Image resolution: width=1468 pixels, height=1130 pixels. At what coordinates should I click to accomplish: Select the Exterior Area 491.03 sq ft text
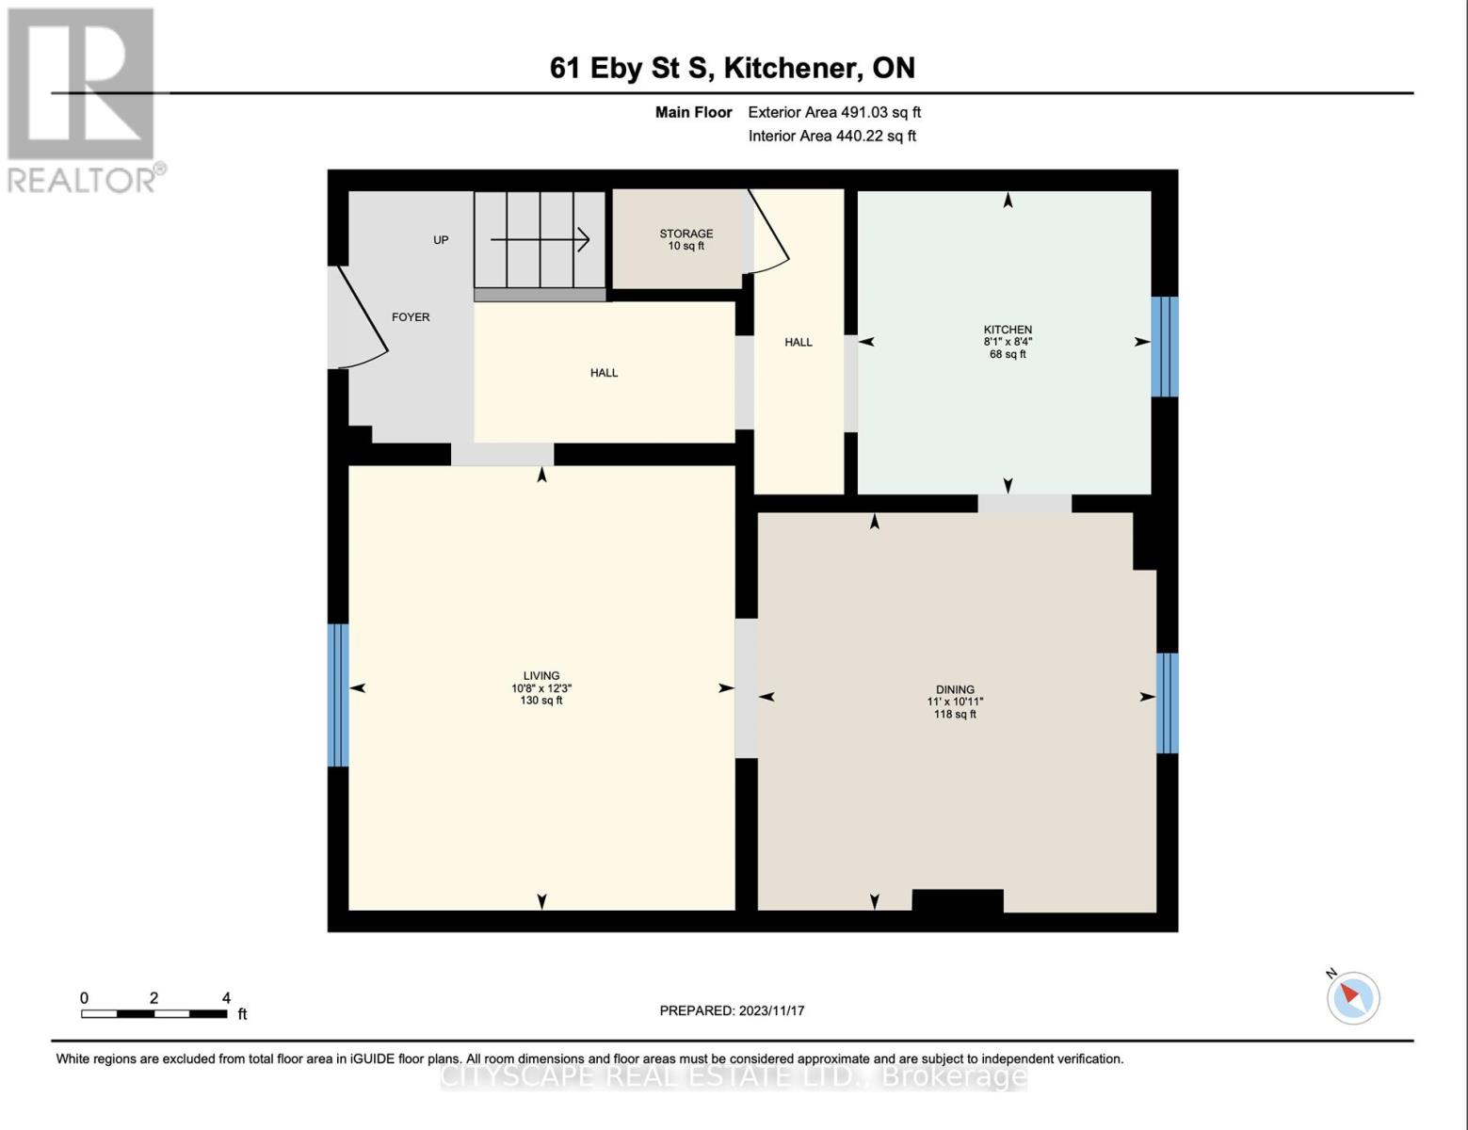coord(833,112)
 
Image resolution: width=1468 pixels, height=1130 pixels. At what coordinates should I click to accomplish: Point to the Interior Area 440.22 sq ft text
coord(831,136)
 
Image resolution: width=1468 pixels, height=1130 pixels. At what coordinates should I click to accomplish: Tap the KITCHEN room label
coord(1008,342)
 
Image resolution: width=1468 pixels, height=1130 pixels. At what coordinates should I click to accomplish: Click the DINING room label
coord(955,702)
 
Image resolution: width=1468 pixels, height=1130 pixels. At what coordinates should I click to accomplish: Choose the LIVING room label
coord(541,687)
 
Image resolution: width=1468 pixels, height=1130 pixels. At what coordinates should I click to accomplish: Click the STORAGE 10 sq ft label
coord(686,239)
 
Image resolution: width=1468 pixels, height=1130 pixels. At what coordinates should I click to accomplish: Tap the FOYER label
coord(411,317)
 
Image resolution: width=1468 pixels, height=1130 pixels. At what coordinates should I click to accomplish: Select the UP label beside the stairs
coord(441,240)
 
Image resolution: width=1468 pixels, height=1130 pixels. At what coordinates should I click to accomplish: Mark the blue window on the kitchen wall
coord(1165,347)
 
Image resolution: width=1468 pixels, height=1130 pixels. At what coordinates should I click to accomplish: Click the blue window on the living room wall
coord(338,695)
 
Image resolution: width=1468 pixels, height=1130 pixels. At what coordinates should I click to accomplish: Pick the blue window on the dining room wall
coord(1167,702)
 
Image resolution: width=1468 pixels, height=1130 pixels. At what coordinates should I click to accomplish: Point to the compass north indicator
coord(1352,996)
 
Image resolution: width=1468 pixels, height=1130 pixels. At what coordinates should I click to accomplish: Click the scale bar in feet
coord(154,1013)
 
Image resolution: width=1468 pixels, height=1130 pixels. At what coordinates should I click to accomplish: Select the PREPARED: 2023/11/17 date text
coord(732,1010)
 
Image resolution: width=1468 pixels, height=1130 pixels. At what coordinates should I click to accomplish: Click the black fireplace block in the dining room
coord(958,901)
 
